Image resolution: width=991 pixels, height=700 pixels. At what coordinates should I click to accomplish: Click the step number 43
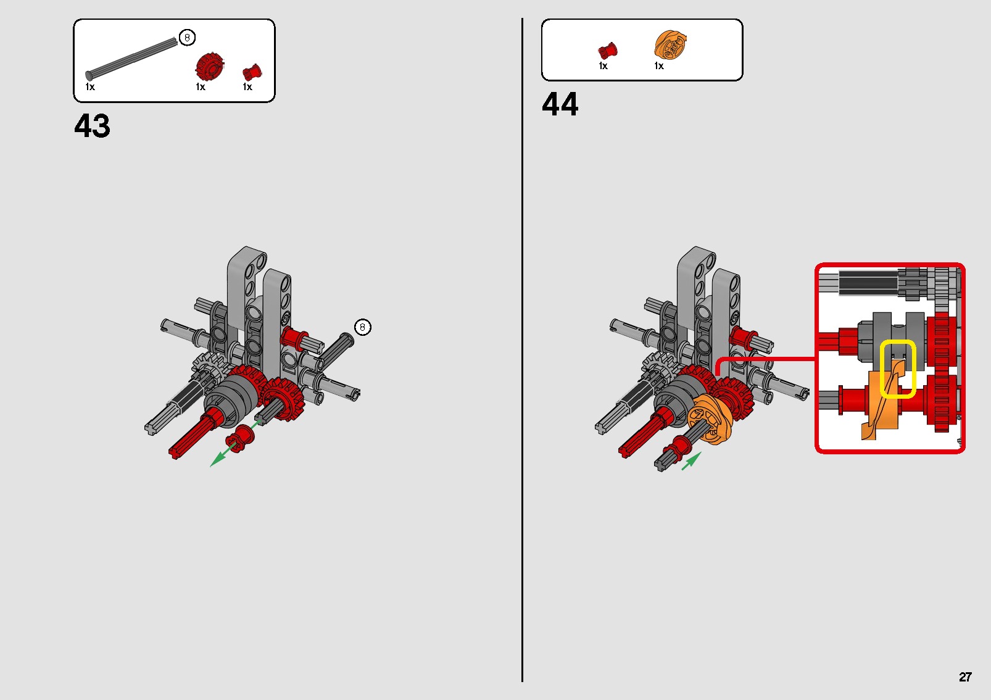point(92,126)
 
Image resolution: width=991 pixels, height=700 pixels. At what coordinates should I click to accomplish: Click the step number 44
point(560,104)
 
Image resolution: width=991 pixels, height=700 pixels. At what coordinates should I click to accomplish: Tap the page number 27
point(965,677)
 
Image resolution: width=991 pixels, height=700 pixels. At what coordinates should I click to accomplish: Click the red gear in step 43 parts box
point(210,67)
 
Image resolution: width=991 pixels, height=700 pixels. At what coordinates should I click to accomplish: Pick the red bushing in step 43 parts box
point(252,73)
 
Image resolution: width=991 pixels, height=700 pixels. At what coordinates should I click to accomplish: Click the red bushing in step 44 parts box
point(607,51)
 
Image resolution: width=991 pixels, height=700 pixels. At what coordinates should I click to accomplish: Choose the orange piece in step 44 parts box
point(670,44)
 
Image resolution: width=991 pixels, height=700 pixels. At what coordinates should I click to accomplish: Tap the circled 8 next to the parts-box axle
point(187,38)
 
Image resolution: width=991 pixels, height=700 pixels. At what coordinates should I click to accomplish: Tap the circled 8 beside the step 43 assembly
point(363,327)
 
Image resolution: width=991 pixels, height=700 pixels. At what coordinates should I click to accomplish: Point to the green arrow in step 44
point(692,461)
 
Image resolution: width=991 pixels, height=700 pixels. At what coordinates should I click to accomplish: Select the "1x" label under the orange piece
point(659,66)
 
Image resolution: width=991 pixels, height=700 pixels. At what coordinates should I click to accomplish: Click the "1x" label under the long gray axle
point(90,86)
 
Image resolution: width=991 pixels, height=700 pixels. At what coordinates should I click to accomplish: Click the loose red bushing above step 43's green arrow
point(240,438)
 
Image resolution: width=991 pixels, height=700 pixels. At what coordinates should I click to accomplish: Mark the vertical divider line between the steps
point(522,350)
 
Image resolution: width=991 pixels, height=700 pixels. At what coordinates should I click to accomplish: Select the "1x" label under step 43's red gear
point(201,86)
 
